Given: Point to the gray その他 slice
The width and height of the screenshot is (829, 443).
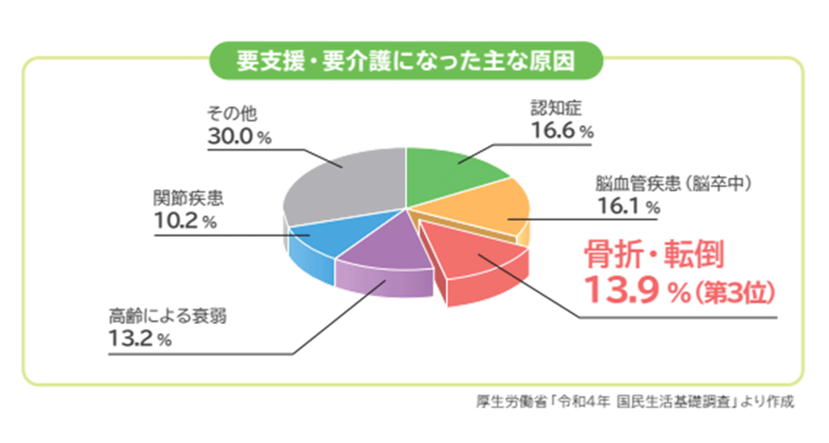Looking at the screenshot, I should pyautogui.click(x=343, y=182).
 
